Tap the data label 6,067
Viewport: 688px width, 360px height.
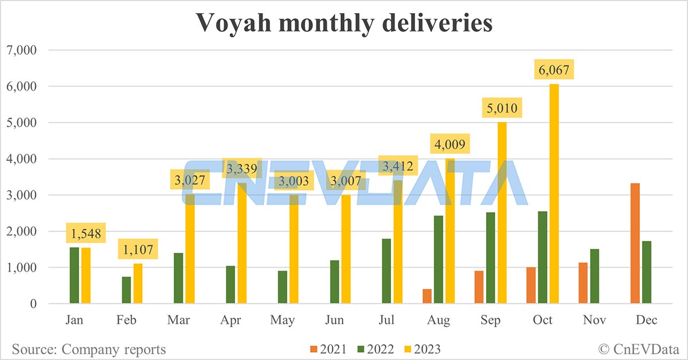click(554, 70)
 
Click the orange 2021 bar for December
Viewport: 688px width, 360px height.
click(635, 244)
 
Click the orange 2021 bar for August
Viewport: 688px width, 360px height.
click(427, 296)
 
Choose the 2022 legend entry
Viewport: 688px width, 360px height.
click(374, 349)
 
